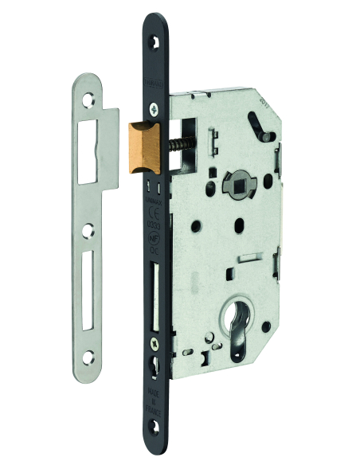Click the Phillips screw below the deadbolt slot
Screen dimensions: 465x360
(x=154, y=342)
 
